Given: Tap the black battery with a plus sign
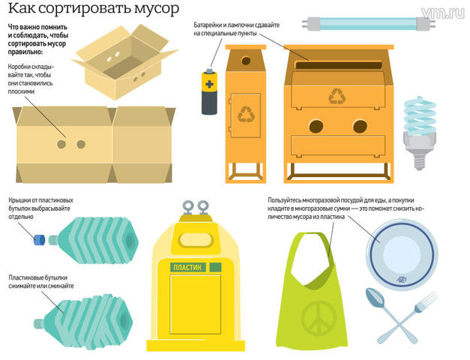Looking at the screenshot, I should (x=208, y=91).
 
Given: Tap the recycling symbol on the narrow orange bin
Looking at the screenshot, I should (x=247, y=113).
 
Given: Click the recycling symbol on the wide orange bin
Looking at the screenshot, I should (x=338, y=96).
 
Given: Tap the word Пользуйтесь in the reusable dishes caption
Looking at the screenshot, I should (x=290, y=199).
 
